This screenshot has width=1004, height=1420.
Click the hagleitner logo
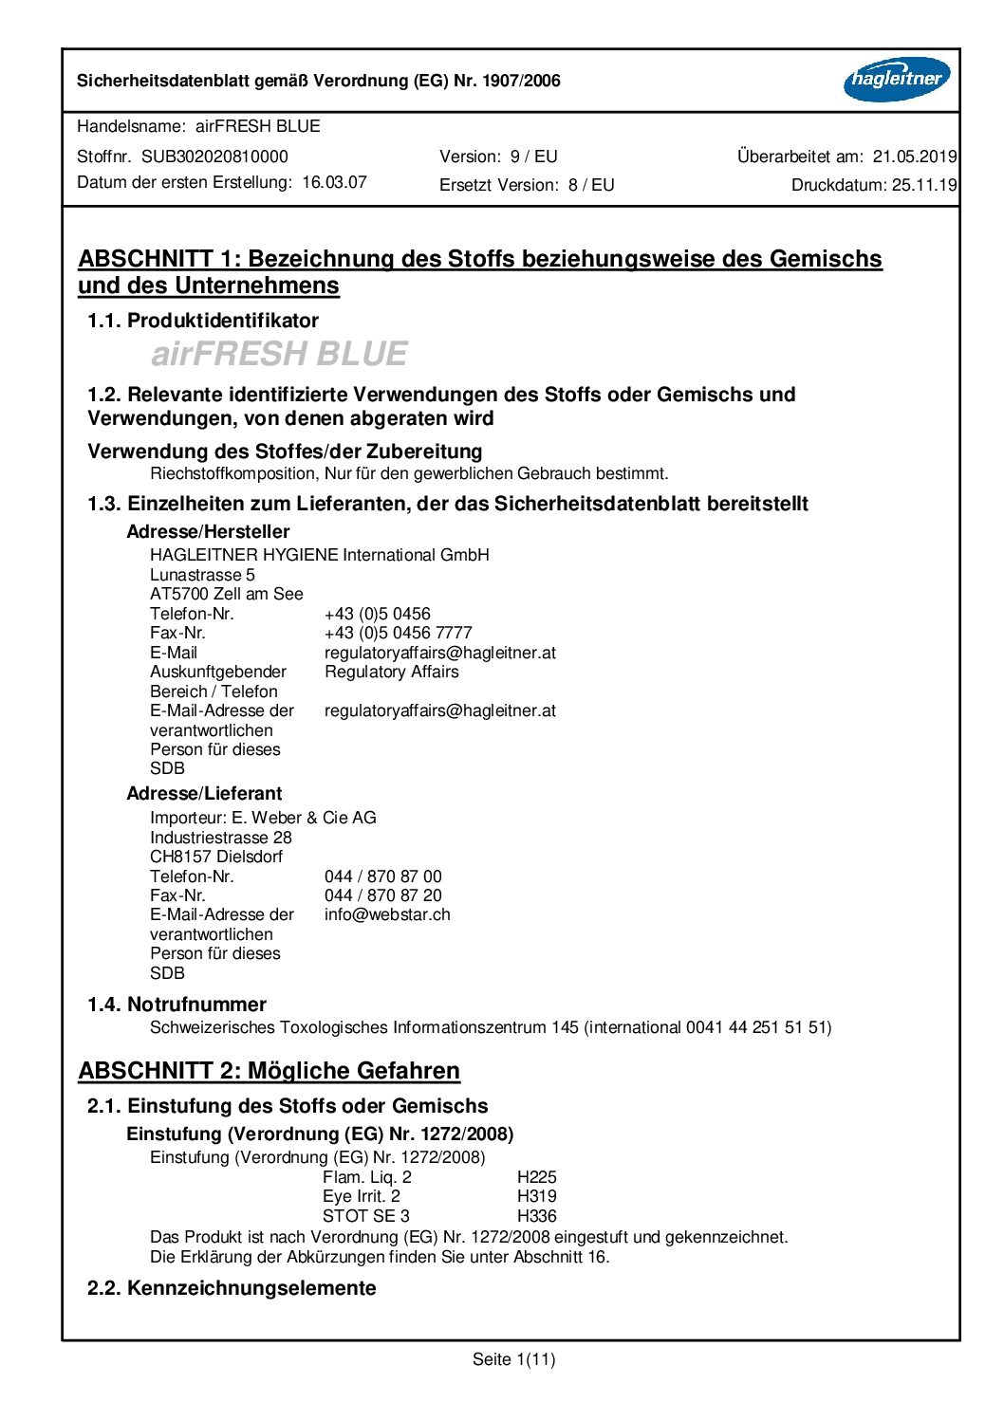[x=896, y=80]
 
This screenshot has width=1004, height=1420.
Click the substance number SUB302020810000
[x=214, y=157]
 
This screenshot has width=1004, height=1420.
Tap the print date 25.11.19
[x=921, y=185]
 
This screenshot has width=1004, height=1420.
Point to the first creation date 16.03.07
[x=334, y=182]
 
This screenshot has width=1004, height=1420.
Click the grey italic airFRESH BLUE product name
[x=279, y=354]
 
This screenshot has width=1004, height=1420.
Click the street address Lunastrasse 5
[x=202, y=575]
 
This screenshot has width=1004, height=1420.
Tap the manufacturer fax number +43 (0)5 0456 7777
[x=398, y=633]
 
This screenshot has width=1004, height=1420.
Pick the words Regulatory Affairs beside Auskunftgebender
[x=391, y=672]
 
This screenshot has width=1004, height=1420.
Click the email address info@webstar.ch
[x=387, y=914]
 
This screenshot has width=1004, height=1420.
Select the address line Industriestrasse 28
[x=221, y=838]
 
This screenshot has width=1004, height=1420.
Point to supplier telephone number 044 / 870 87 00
[x=382, y=876]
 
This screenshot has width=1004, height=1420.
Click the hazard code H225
[x=536, y=1177]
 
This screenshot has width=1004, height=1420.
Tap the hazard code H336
[x=536, y=1216]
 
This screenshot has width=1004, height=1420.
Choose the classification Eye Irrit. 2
[x=361, y=1196]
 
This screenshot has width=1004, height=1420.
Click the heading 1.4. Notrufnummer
[x=177, y=1005]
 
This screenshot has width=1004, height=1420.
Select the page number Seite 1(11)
[x=513, y=1359]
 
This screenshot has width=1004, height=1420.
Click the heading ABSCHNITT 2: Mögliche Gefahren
[x=269, y=1071]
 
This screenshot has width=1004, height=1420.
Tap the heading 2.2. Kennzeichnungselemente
[x=232, y=1288]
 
